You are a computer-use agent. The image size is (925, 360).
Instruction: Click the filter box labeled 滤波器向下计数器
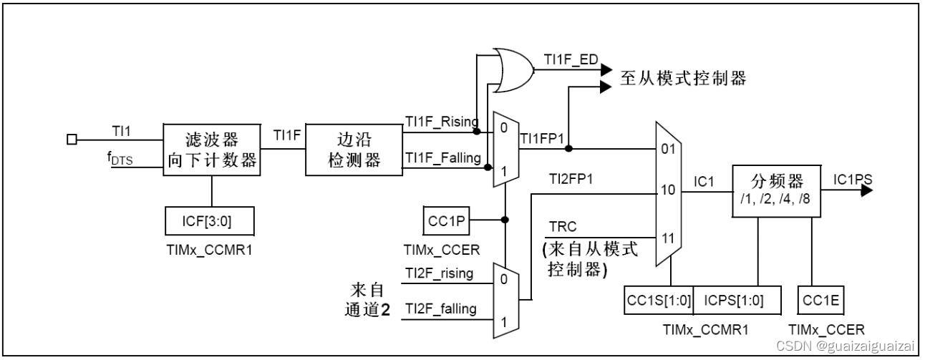pyautogui.click(x=212, y=149)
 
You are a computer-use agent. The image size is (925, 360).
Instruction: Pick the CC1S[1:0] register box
pyautogui.click(x=658, y=300)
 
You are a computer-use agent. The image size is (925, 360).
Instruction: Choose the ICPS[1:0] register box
pyautogui.click(x=733, y=300)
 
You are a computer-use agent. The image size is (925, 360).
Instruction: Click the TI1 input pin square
pyautogui.click(x=71, y=140)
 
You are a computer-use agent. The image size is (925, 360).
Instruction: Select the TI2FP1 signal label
pyautogui.click(x=571, y=177)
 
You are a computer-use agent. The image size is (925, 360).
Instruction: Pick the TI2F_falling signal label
pyautogui.click(x=440, y=308)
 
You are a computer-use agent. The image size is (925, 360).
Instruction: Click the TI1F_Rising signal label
pyautogui.click(x=441, y=121)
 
